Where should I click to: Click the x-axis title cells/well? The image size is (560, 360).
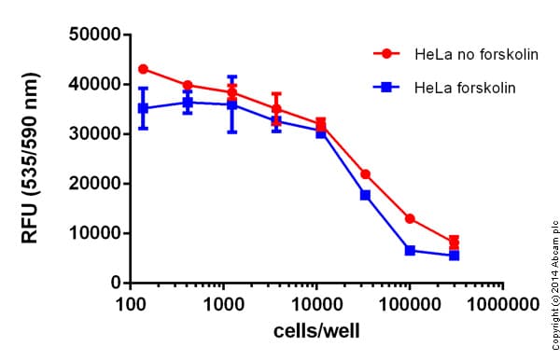[315, 330]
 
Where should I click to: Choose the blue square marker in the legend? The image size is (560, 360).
[384, 87]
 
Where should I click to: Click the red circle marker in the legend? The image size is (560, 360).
[384, 54]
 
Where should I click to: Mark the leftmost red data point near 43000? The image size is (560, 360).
[143, 69]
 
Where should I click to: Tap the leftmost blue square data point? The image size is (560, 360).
[143, 108]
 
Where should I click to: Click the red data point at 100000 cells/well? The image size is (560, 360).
[410, 218]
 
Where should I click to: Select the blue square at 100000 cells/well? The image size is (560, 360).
[410, 250]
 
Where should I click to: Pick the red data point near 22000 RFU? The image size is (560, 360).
[365, 174]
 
